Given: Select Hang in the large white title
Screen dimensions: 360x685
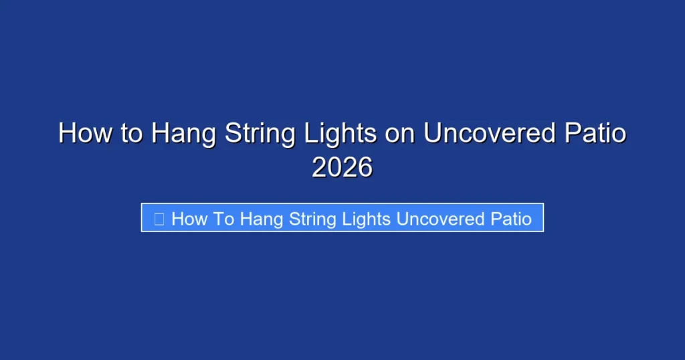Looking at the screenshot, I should (x=183, y=134).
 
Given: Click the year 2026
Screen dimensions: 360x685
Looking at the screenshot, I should (x=342, y=167).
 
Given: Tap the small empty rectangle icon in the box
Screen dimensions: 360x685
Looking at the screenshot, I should (x=159, y=219).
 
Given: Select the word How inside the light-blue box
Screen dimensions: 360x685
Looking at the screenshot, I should (x=190, y=219).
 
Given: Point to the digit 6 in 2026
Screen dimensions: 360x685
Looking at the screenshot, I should (x=365, y=167).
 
